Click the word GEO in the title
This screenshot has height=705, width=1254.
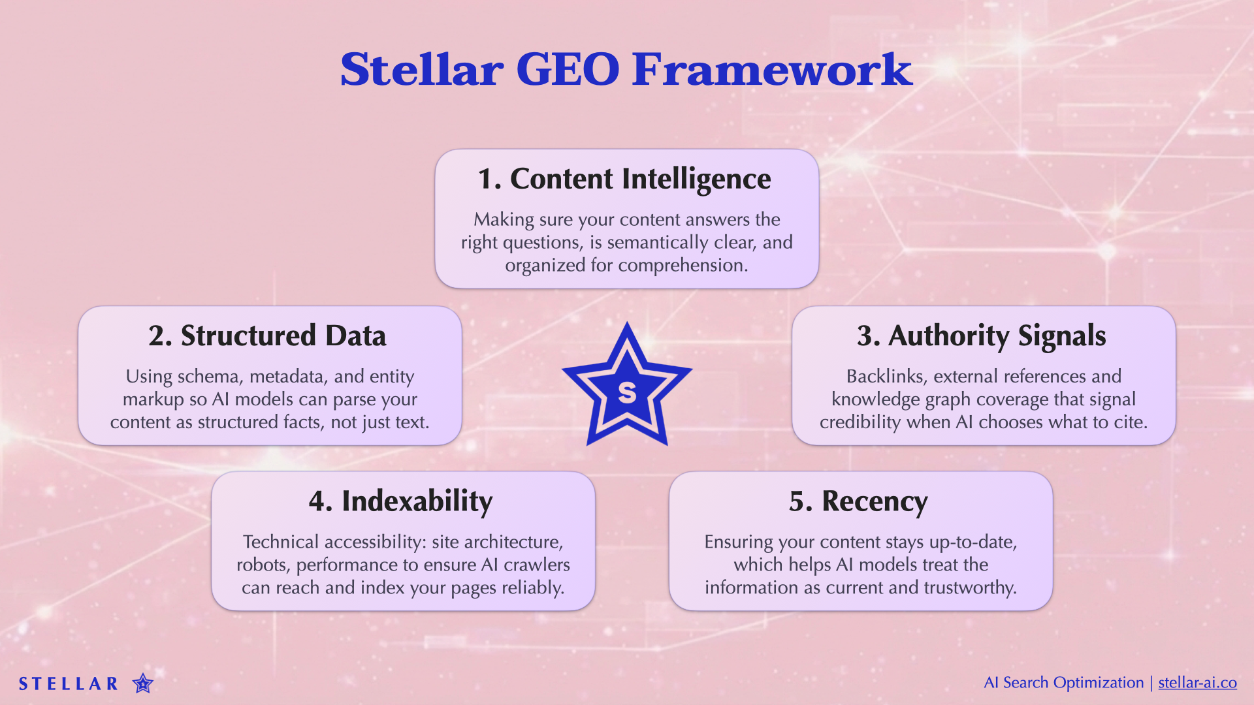point(567,69)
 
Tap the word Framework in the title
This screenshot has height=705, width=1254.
point(772,69)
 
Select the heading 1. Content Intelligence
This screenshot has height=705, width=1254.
point(624,179)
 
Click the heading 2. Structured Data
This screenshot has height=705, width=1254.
point(267,336)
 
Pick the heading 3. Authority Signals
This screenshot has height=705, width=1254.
point(982,336)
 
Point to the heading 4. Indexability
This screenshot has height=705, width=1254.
point(400,501)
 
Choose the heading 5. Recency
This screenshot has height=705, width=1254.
point(858,501)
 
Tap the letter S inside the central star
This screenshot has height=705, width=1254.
point(627,392)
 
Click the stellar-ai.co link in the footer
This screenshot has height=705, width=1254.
point(1197,683)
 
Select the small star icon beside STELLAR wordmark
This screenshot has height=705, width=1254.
point(142,683)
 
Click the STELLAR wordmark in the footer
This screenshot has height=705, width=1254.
point(68,684)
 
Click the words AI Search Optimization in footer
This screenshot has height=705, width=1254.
point(1063,683)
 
